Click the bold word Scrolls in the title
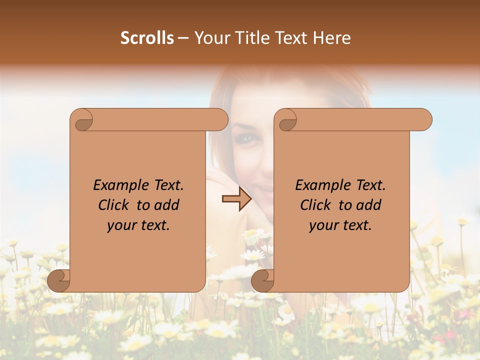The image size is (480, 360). (147, 37)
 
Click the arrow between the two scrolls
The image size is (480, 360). (236, 199)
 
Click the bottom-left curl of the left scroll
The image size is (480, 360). (59, 280)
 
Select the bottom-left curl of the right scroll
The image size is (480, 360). (262, 280)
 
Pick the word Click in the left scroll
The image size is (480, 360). (115, 205)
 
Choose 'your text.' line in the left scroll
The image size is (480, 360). (138, 225)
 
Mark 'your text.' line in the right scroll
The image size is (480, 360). (340, 225)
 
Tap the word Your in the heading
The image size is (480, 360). (210, 37)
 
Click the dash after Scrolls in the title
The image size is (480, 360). (183, 38)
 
